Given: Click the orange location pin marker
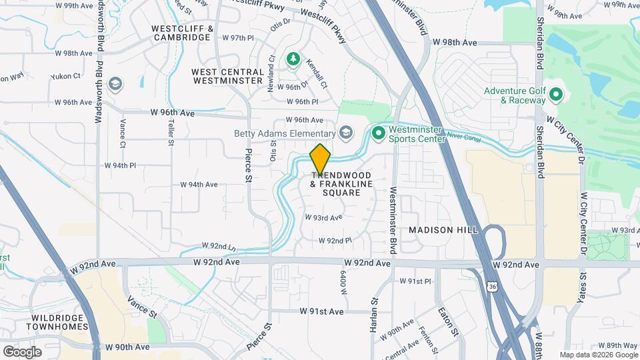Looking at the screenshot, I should tap(321, 159).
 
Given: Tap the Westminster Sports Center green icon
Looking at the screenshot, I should tap(379, 133).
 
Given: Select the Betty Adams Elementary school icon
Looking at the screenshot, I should tap(345, 133).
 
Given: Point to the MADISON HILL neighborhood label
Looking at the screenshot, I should tap(443, 229).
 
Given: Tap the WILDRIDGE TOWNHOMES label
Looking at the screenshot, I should tap(57, 322).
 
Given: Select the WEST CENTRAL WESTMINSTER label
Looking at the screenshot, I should tap(227, 76).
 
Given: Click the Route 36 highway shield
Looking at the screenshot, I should tap(492, 286).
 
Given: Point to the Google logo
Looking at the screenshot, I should tap(22, 351).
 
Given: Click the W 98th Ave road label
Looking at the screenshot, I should tap(455, 42).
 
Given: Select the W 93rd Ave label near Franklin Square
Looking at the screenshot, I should tap(323, 217).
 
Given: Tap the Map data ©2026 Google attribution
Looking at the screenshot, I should tap(598, 355).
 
